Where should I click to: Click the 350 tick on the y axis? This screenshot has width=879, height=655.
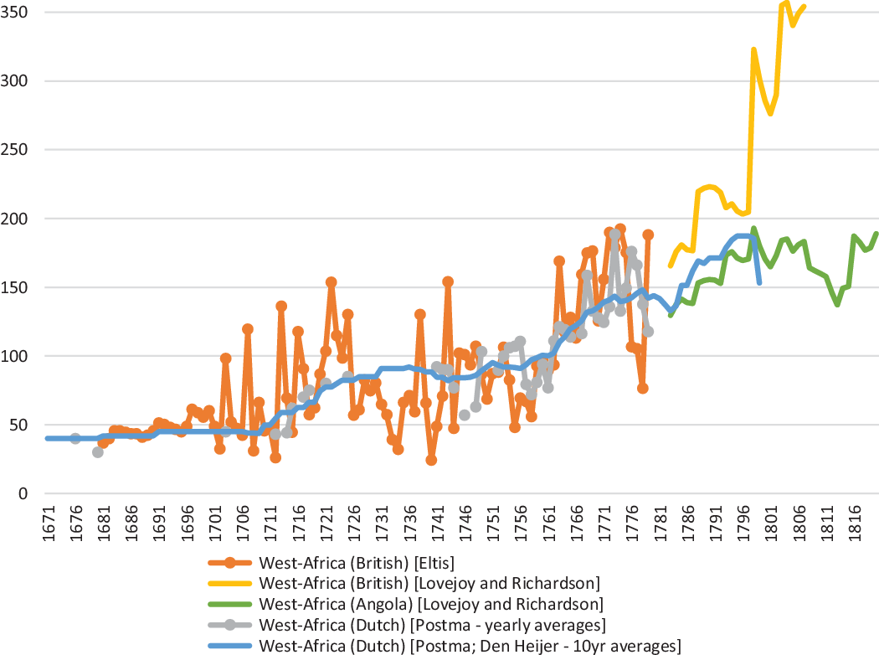pos(18,13)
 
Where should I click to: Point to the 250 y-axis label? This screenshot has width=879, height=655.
pos(18,150)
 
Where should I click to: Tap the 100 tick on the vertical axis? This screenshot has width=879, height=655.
pos(18,356)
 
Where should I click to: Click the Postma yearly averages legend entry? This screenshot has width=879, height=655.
pos(432,625)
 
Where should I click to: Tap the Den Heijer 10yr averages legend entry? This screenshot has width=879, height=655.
pos(470,645)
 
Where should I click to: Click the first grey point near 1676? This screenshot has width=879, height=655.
pos(75,438)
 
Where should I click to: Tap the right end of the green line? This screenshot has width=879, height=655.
pos(876,234)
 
